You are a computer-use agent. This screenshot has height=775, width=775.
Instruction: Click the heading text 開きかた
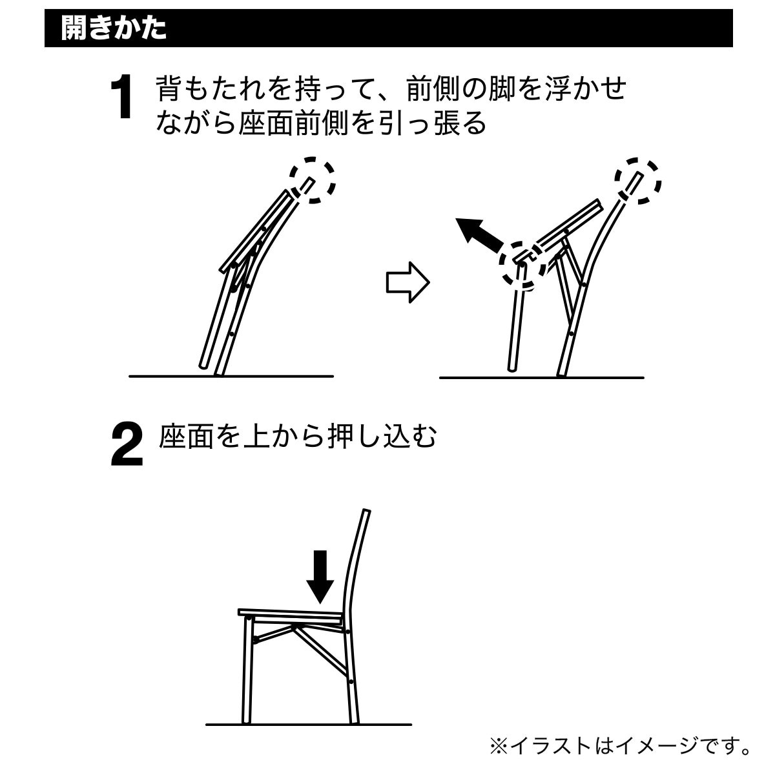pos(114,28)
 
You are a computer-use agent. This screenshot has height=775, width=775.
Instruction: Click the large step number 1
pos(121,96)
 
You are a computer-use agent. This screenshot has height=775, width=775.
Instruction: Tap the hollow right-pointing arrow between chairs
pos(408,282)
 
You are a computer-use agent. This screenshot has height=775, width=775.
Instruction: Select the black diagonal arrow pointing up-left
pos(480,236)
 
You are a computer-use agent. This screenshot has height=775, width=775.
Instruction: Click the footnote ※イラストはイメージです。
pos(620,746)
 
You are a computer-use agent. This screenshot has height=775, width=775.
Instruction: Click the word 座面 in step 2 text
pos(186,436)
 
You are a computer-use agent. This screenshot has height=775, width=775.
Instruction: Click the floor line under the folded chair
pos(231,377)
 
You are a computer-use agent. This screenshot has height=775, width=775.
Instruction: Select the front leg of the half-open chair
pos(517,317)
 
